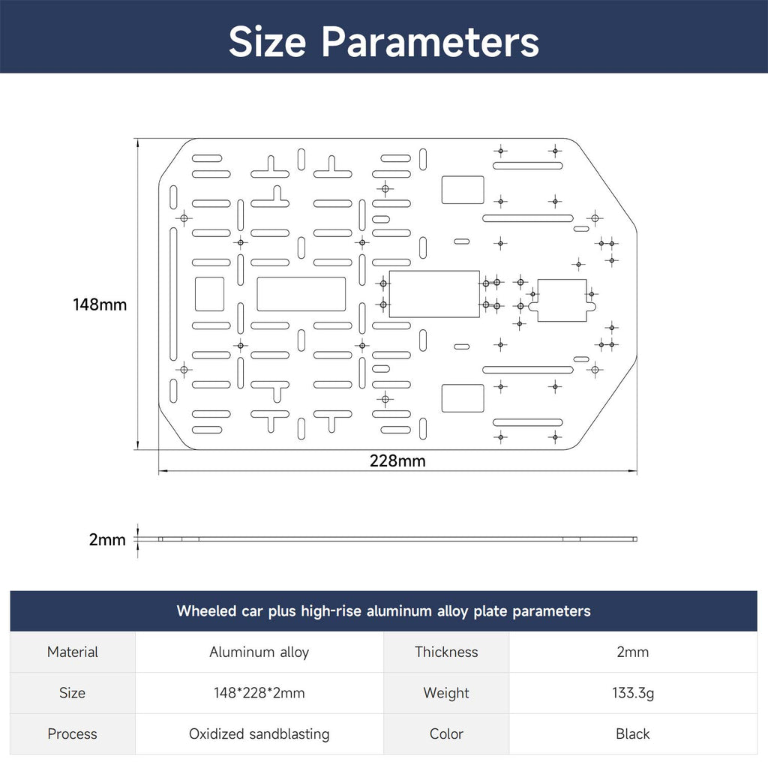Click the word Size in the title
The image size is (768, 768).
point(267,41)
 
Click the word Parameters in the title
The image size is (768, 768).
point(430,41)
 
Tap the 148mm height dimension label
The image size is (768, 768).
point(100,304)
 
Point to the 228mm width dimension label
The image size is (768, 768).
point(397,461)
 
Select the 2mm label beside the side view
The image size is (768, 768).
point(106,539)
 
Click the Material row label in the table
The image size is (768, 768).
point(73,652)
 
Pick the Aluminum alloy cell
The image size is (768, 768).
point(259,652)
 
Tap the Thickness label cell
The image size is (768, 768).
point(446,652)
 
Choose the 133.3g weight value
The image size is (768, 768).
point(633,693)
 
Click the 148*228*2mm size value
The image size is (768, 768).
point(259,693)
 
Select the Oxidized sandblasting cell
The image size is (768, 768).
point(259,733)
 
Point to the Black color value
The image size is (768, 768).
point(633,733)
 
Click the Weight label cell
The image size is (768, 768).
point(446,693)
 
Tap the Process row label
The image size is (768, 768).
point(73,733)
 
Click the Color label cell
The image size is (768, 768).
point(446,733)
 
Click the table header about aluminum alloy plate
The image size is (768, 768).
point(383,610)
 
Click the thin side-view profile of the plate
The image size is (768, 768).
point(397,538)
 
